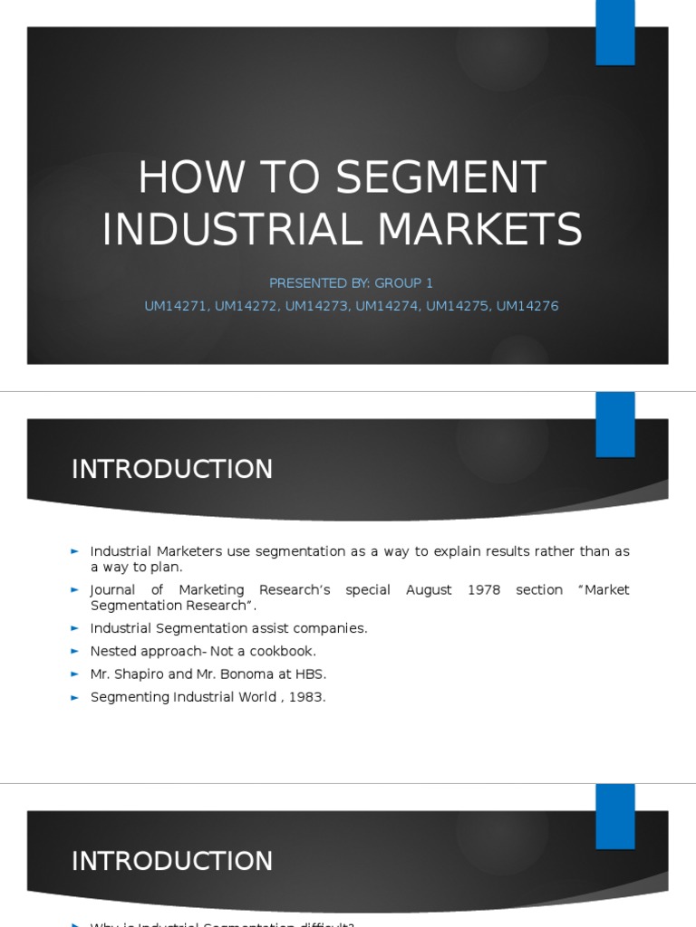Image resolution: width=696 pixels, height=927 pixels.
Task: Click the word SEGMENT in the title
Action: (442, 177)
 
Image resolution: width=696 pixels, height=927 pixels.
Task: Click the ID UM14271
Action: (176, 306)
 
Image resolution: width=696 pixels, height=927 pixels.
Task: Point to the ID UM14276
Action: (527, 306)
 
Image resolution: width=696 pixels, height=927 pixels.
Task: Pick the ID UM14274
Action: (387, 306)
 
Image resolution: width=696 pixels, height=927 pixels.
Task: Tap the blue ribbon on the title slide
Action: (614, 33)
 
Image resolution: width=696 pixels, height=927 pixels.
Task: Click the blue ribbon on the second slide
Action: (614, 425)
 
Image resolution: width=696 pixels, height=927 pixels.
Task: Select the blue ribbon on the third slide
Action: (614, 816)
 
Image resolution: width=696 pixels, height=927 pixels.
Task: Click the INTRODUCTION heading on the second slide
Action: (172, 470)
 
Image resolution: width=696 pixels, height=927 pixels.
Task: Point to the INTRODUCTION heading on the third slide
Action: (172, 861)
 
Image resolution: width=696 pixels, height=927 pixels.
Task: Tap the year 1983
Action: (308, 697)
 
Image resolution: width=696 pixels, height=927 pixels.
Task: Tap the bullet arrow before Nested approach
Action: (75, 651)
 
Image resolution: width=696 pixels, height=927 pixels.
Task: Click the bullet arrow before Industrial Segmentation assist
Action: (75, 628)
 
